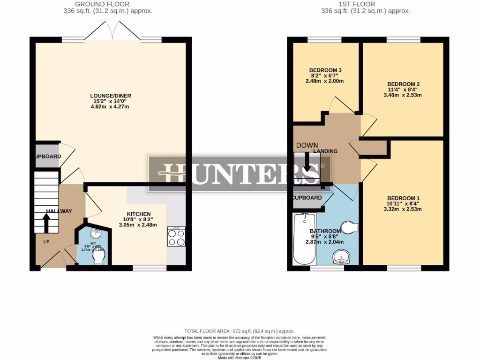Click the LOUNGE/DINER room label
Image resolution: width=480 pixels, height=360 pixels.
click(111, 96)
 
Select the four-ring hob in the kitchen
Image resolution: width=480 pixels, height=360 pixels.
click(176, 237)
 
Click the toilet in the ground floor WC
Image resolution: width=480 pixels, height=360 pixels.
click(99, 255)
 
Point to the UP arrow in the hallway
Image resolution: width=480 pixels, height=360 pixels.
click(47, 223)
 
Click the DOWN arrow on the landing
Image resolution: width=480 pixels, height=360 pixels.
click(307, 163)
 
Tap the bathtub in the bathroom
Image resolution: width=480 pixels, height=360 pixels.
click(303, 239)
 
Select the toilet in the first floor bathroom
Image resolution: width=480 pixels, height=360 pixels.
click(349, 228)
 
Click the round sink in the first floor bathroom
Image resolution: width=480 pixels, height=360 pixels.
click(341, 257)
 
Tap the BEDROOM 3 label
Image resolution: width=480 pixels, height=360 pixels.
click(325, 70)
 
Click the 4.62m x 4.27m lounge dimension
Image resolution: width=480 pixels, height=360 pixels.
click(110, 107)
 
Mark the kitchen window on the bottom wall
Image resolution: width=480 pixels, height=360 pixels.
click(150, 269)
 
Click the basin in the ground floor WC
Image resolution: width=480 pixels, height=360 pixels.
click(96, 234)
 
